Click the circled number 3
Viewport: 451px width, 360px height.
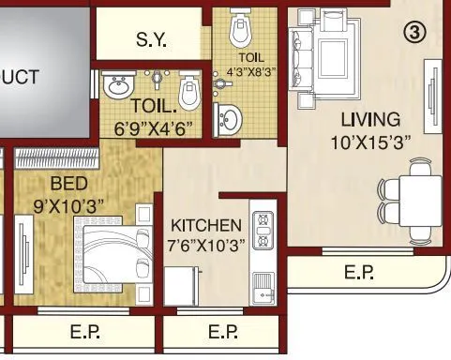coord(415,32)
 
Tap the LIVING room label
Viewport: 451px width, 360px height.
coord(369,120)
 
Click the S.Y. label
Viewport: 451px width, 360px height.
coord(153,40)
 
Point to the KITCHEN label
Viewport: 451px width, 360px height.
coord(206,226)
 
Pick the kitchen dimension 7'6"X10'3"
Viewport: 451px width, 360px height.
coord(206,246)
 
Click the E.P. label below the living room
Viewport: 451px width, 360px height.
coord(360,274)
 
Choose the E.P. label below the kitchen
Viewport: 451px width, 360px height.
coord(222,332)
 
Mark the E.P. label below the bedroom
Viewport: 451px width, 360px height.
coord(85,332)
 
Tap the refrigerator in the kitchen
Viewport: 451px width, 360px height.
coord(182,282)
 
